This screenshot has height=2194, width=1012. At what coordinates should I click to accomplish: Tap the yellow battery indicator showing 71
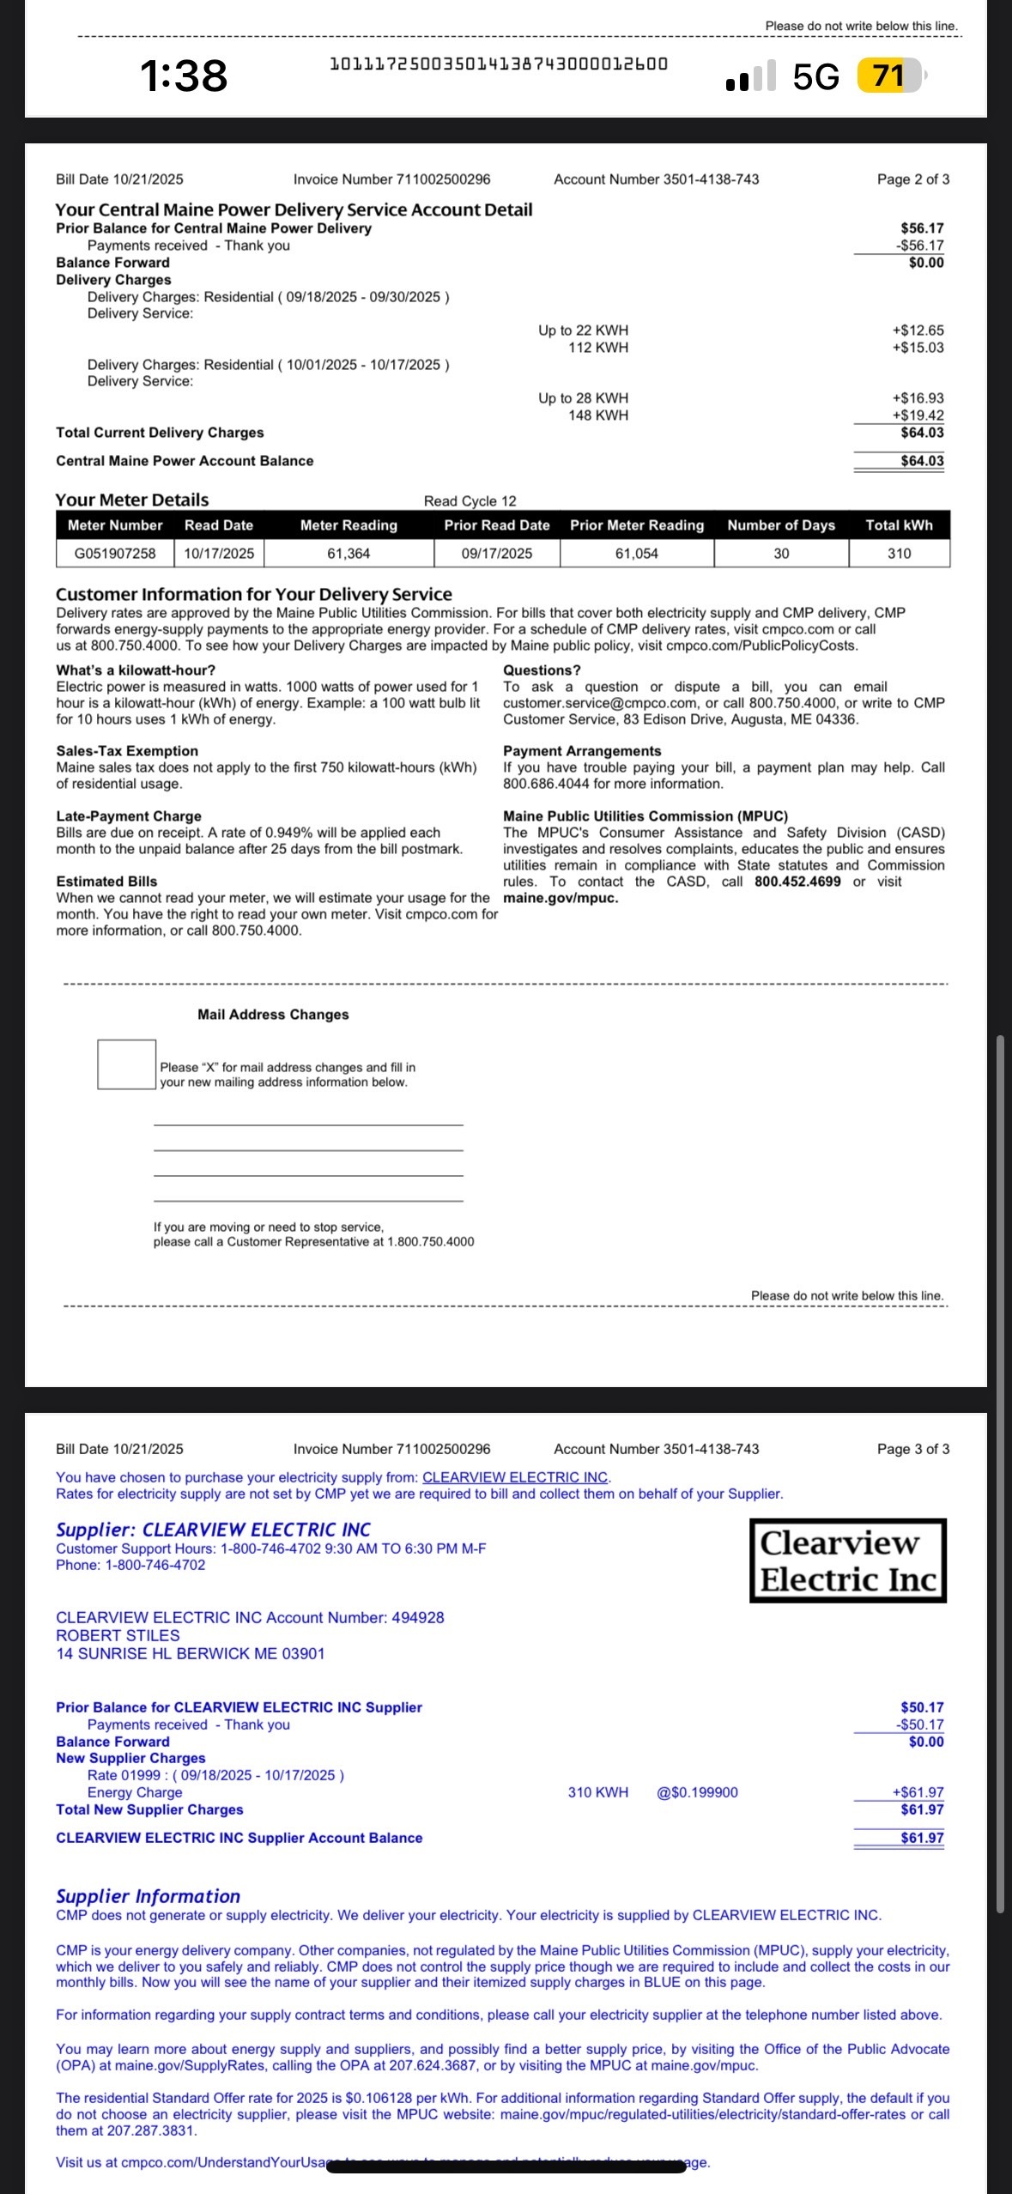pyautogui.click(x=889, y=76)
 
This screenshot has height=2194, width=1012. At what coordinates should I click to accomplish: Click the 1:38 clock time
pyautogui.click(x=184, y=76)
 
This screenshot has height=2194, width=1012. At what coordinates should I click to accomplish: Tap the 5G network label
pyautogui.click(x=815, y=76)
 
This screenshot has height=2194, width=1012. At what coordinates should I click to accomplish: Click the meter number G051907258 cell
pyautogui.click(x=115, y=554)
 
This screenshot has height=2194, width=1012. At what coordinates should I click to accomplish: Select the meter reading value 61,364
pyautogui.click(x=348, y=554)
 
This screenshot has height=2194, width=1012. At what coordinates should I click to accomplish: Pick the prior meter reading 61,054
pyautogui.click(x=636, y=554)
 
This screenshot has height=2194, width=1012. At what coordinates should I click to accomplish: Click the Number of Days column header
pyautogui.click(x=781, y=525)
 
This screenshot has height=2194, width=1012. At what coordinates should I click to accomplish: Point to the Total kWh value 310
pyautogui.click(x=899, y=554)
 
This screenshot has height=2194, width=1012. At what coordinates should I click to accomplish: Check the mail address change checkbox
pyautogui.click(x=126, y=1064)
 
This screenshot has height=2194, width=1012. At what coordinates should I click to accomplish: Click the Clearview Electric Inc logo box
pyautogui.click(x=848, y=1561)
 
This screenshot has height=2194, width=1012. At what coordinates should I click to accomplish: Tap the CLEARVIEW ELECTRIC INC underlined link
pyautogui.click(x=515, y=1477)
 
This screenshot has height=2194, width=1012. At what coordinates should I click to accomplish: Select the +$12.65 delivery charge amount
pyautogui.click(x=918, y=330)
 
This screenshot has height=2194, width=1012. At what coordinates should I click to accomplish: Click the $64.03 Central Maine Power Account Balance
pyautogui.click(x=922, y=461)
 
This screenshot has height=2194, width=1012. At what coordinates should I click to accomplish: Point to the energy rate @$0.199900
pyautogui.click(x=697, y=1792)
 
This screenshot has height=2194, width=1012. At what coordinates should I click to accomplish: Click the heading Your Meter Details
pyautogui.click(x=132, y=500)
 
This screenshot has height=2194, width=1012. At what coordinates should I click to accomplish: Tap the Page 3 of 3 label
pyautogui.click(x=912, y=1449)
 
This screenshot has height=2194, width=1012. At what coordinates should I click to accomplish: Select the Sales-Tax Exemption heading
pyautogui.click(x=127, y=751)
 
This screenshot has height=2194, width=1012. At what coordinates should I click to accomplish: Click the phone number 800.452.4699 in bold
pyautogui.click(x=797, y=882)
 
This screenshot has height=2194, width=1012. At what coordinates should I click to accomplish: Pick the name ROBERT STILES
pyautogui.click(x=118, y=1635)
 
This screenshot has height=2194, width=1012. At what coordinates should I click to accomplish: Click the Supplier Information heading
pyautogui.click(x=148, y=1896)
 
